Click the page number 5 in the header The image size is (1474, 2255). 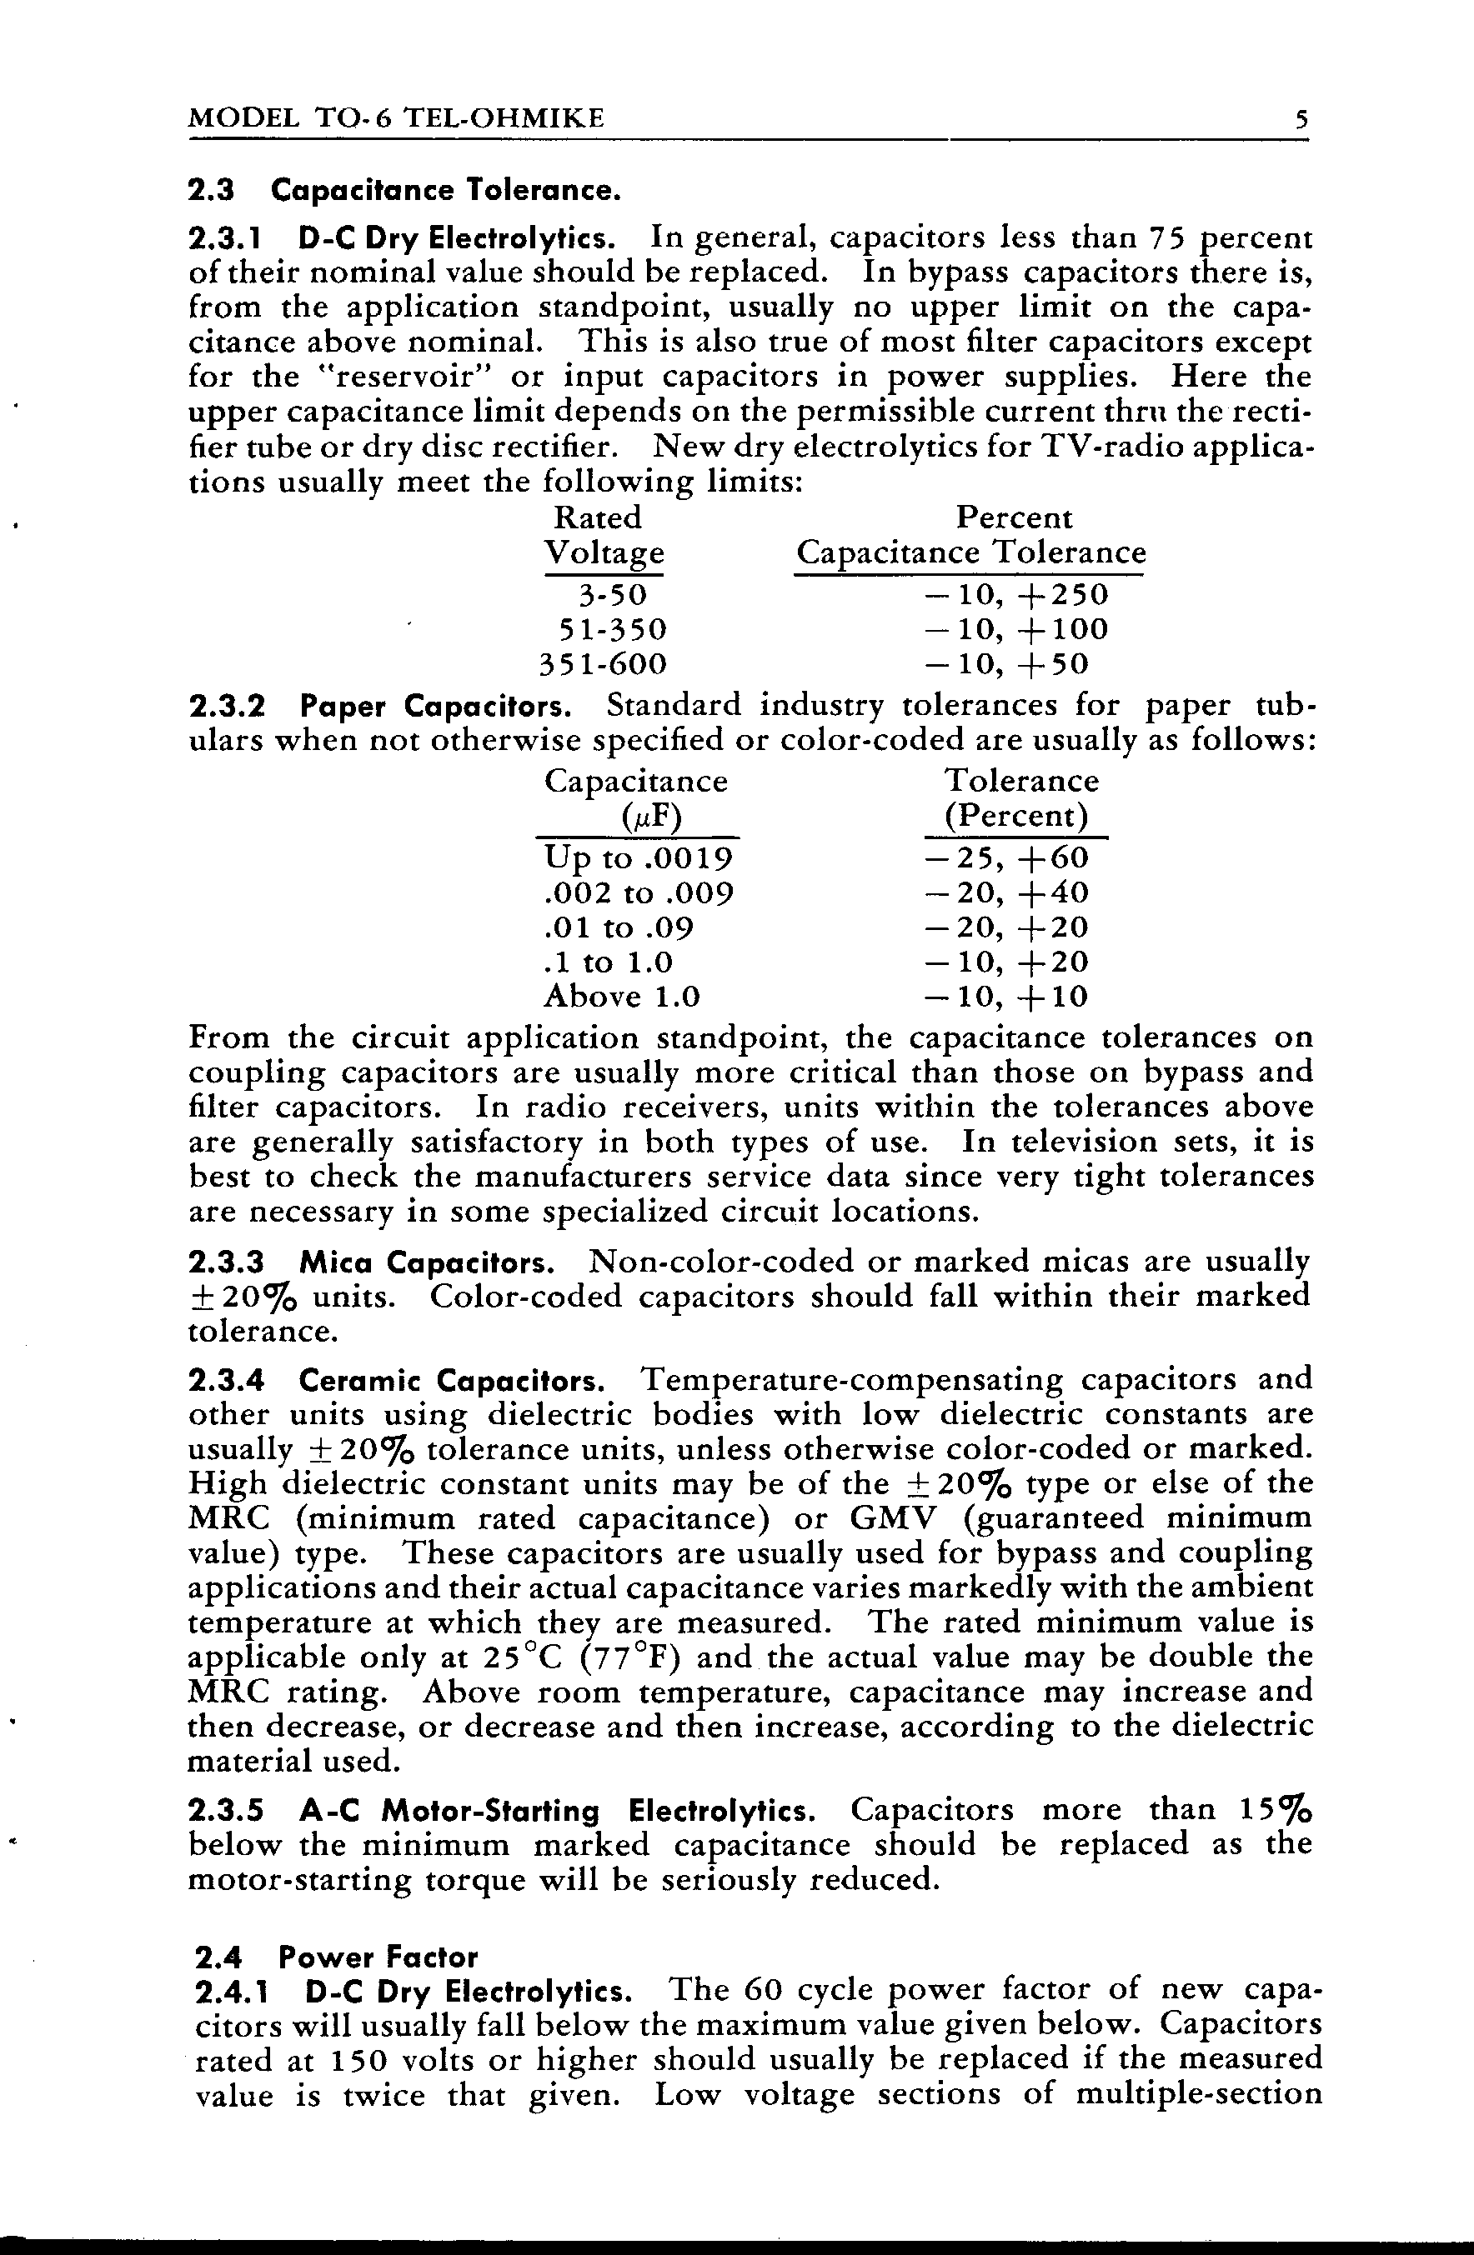1301,119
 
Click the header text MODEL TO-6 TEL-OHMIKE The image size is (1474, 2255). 396,118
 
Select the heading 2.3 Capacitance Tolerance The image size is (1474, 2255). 404,192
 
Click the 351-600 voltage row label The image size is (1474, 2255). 603,664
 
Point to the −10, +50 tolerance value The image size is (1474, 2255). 1005,664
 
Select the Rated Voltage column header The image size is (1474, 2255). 602,535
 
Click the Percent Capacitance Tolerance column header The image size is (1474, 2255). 970,535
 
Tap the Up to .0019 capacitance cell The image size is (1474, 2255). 638,858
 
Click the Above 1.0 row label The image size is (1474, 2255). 622,997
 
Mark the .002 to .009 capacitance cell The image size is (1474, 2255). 639,893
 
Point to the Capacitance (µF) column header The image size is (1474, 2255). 636,798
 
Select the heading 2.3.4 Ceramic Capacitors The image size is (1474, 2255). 399,1379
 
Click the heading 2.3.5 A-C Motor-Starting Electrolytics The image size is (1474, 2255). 503,1811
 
